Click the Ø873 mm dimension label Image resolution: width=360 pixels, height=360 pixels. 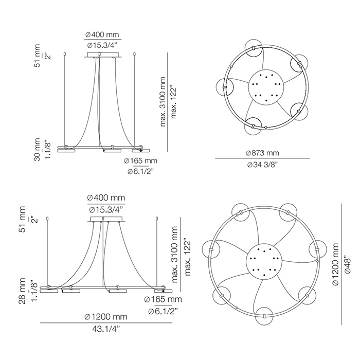point(262,153)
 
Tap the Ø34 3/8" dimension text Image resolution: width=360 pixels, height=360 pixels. point(263,165)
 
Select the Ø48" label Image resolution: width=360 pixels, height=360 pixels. point(348,265)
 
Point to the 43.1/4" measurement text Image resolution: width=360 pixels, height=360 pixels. point(106,329)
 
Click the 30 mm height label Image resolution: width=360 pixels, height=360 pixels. point(37,150)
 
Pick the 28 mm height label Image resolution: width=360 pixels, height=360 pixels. point(22,291)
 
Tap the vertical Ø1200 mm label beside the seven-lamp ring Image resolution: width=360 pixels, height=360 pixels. point(335,264)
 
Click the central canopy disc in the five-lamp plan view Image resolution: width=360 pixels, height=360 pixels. point(266,87)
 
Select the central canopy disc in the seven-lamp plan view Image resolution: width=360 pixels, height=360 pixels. point(264,262)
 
